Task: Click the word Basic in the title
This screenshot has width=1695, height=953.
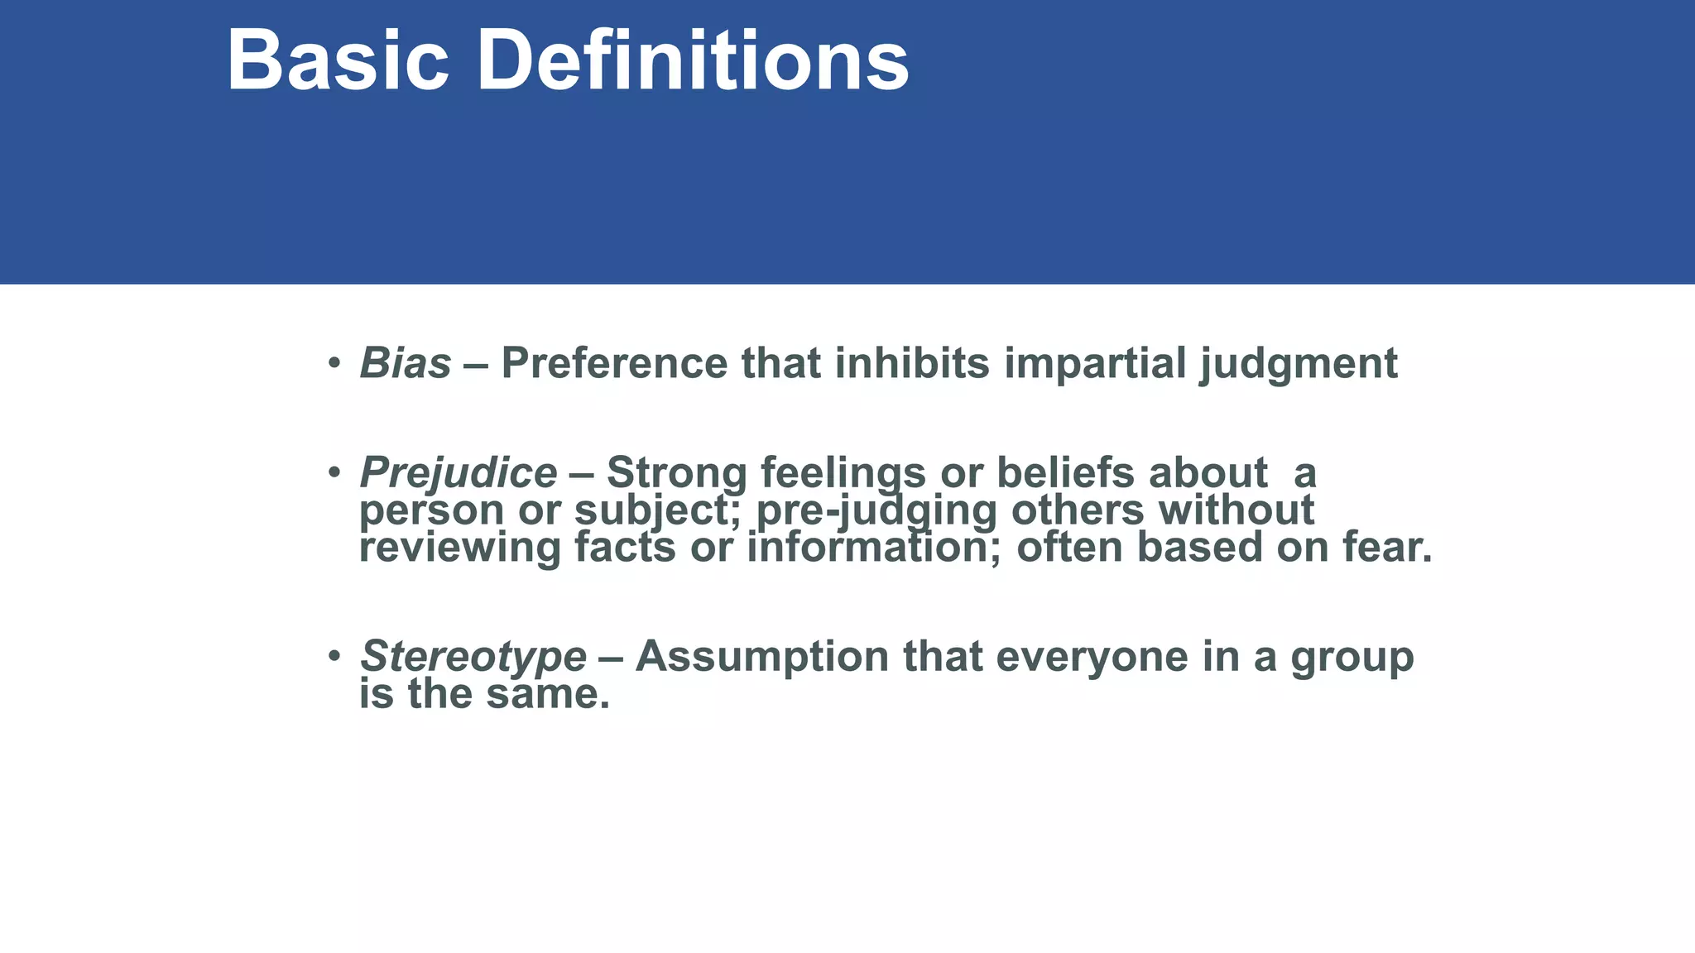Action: [338, 61]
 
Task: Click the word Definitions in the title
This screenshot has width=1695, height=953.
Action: [693, 61]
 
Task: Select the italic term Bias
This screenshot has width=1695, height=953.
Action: [406, 363]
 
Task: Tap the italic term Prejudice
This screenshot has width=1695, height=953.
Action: [458, 473]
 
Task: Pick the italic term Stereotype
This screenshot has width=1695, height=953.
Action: [473, 656]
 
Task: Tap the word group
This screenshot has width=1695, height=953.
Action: [1352, 658]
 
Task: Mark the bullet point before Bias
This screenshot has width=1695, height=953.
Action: [334, 363]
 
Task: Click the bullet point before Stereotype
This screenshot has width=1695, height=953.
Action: [334, 656]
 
